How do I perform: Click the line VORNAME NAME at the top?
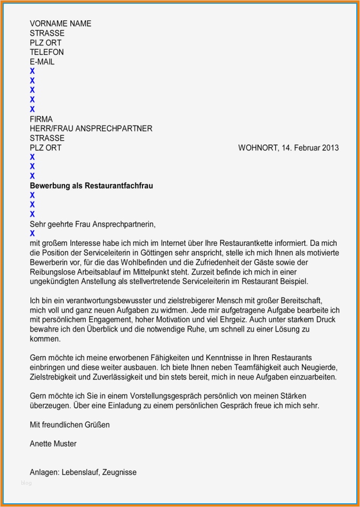(60, 23)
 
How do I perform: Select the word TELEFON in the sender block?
(47, 52)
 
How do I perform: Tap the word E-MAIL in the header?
(42, 62)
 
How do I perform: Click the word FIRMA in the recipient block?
(41, 119)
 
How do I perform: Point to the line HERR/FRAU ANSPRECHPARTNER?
(91, 128)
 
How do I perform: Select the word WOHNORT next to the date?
(257, 148)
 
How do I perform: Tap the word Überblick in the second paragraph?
(92, 329)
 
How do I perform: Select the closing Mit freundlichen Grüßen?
(69, 425)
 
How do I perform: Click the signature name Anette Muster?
(53, 444)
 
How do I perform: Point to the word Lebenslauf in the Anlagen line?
(81, 472)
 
